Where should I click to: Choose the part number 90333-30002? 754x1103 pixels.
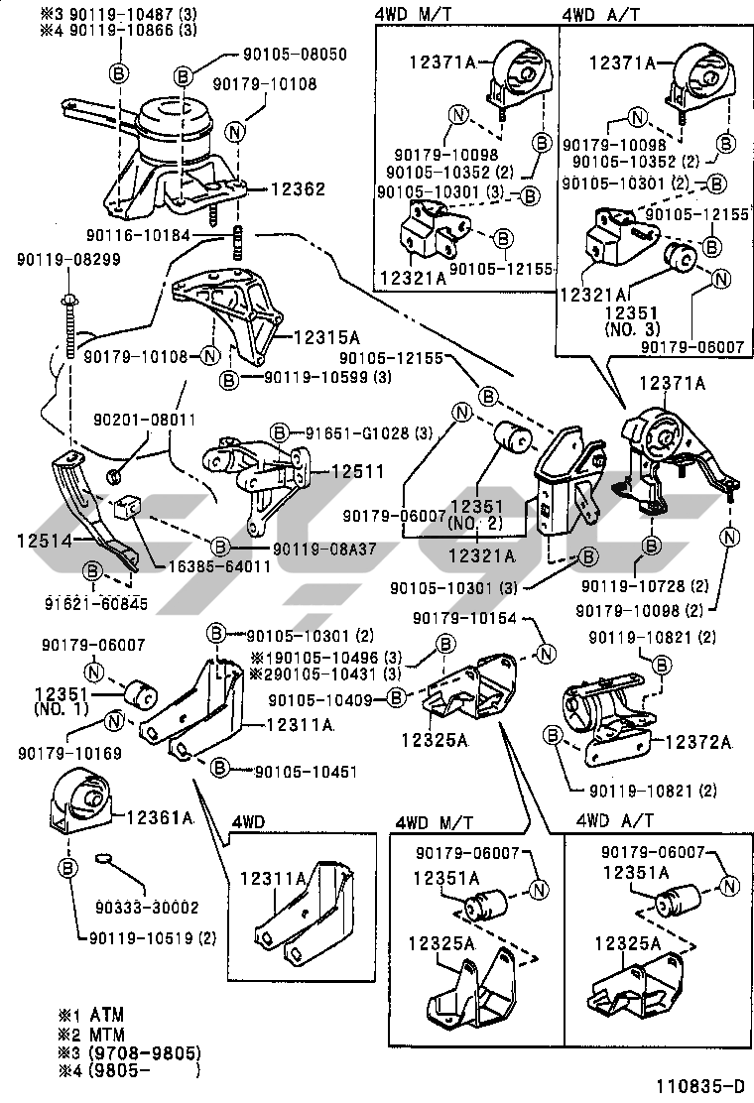click(148, 907)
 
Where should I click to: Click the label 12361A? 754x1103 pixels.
click(159, 817)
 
